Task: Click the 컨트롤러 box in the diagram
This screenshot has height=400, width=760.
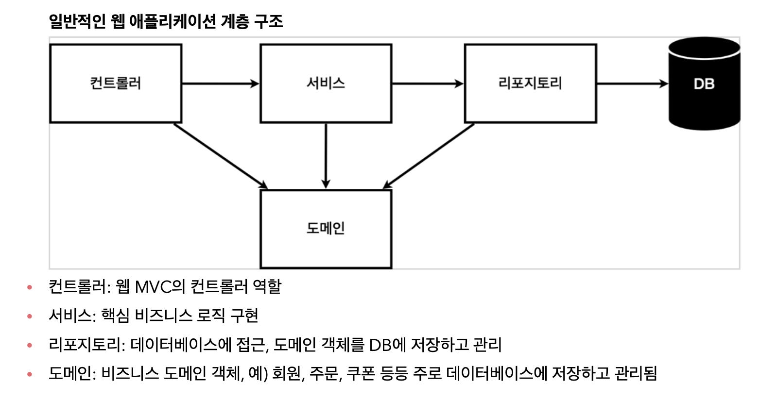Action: coord(116,83)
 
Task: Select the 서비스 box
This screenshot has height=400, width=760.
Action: coord(326,83)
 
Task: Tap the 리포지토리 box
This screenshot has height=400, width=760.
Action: coord(530,83)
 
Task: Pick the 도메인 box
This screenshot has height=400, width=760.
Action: coord(326,229)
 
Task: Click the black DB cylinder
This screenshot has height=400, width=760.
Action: coord(704,83)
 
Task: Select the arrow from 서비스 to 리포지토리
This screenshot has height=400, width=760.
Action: coord(428,83)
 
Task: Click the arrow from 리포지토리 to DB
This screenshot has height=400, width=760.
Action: coord(632,83)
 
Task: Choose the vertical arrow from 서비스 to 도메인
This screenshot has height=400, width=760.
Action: coord(326,155)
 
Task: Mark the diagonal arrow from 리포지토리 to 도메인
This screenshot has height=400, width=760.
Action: coord(429,155)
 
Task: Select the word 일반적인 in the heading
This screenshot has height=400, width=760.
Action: coord(77,21)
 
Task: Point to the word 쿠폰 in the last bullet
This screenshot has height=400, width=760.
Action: coord(360,373)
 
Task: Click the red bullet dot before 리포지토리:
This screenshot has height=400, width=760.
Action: coord(30,345)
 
